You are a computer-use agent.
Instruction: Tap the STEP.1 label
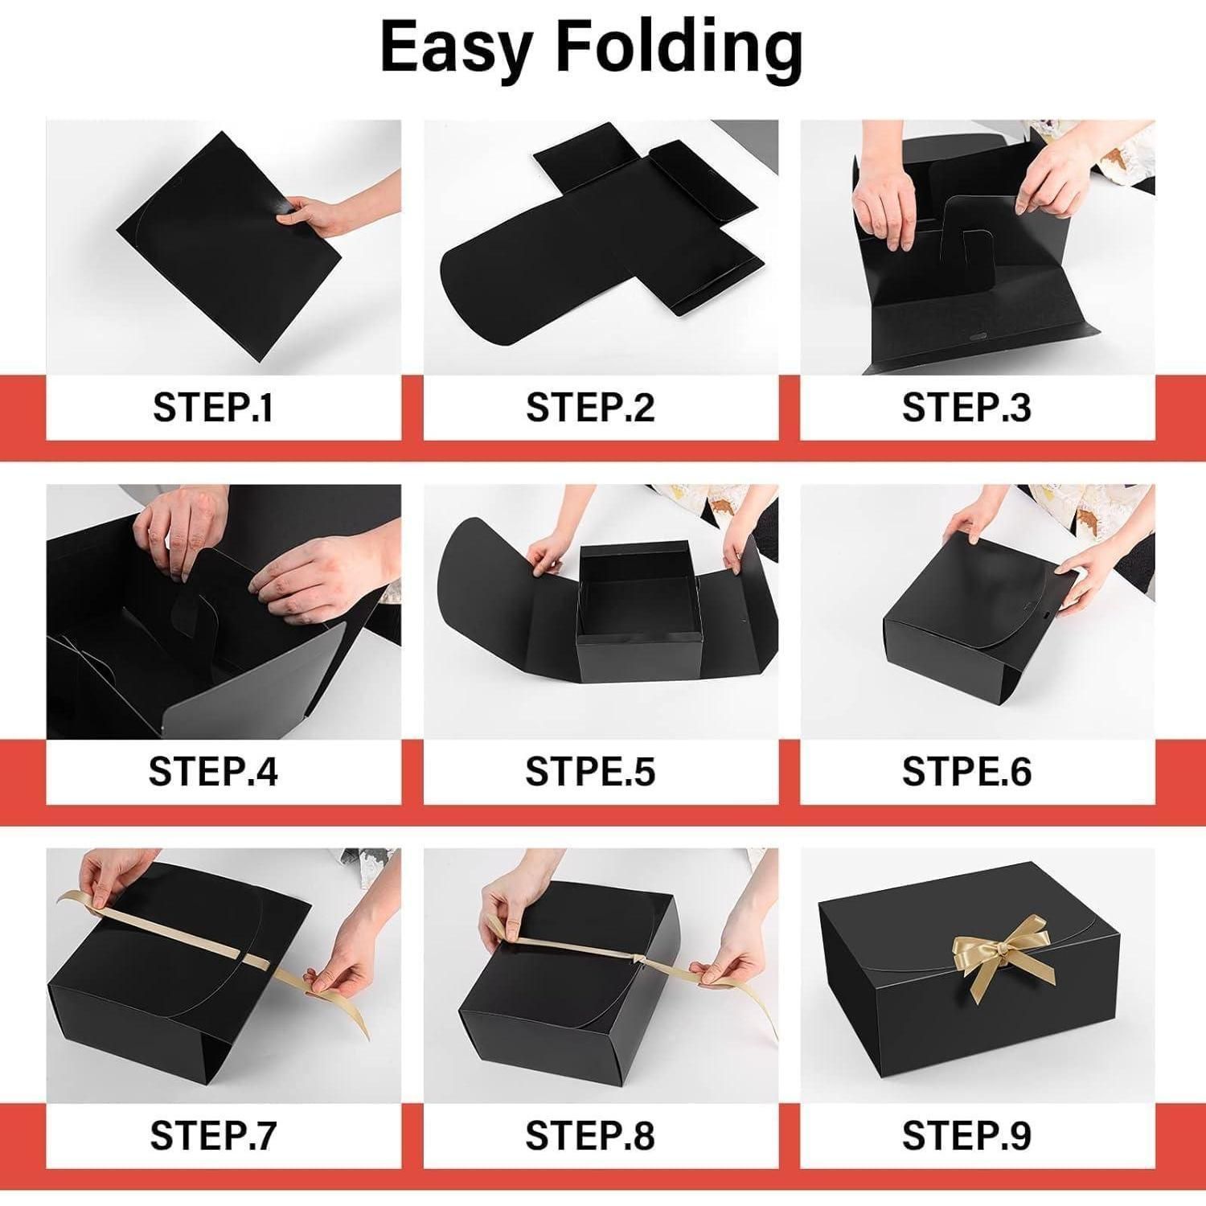pos(213,408)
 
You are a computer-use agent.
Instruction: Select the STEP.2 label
pos(590,408)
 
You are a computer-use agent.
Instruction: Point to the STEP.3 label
pos(966,408)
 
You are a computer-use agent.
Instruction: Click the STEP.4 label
pos(213,772)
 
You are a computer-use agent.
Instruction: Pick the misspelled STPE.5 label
pos(590,772)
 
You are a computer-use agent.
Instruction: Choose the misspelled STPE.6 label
pos(966,772)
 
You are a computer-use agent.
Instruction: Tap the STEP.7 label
pos(213,1136)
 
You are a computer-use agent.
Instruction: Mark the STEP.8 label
pos(590,1136)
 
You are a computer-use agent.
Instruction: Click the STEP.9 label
pos(966,1136)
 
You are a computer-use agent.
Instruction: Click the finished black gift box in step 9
pos(986,997)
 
